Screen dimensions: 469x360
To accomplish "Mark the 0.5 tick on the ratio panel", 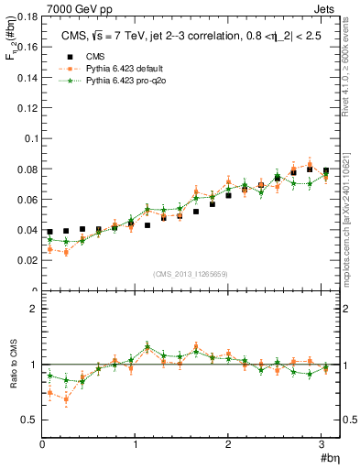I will (x=27, y=420).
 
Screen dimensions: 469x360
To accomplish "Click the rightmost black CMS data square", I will (x=326, y=170).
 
